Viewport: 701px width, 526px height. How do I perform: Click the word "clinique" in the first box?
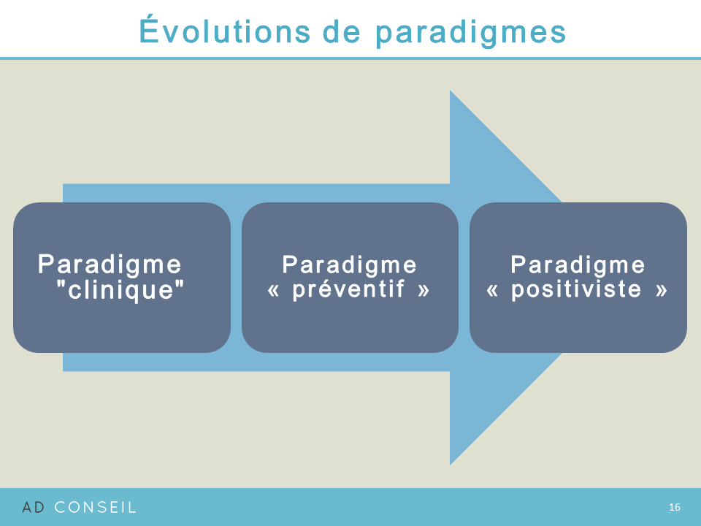(x=120, y=289)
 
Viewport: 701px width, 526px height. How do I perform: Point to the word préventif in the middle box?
(x=349, y=289)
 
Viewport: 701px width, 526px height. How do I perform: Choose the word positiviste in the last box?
(x=577, y=289)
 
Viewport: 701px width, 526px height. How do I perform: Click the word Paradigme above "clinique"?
(x=110, y=264)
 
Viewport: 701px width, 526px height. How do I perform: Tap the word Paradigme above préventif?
(x=349, y=265)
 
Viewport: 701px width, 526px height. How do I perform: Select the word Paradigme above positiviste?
(x=578, y=265)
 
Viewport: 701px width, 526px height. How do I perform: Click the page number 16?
(x=675, y=507)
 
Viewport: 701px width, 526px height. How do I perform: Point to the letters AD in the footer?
(x=34, y=507)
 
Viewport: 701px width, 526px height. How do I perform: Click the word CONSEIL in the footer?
(x=95, y=507)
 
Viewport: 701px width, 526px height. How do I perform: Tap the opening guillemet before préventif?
(x=273, y=290)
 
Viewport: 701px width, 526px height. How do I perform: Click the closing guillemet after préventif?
(x=424, y=290)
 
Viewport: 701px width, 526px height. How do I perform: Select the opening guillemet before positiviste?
(x=491, y=290)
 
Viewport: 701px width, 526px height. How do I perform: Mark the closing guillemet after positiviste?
(x=662, y=290)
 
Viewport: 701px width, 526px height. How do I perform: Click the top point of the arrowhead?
(x=450, y=91)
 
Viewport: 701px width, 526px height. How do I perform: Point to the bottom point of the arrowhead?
(x=450, y=465)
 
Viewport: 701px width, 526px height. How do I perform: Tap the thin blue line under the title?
(x=350, y=58)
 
